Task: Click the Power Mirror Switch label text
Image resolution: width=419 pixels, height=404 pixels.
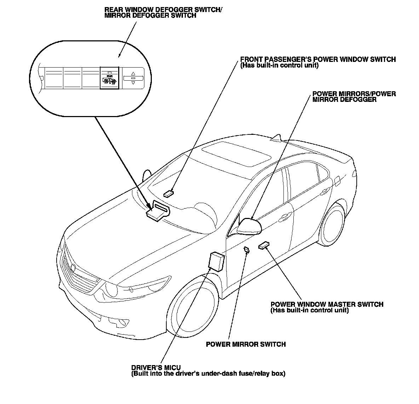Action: click(x=246, y=344)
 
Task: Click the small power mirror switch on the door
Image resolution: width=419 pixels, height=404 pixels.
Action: click(x=246, y=250)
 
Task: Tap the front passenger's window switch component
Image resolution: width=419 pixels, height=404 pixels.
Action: click(x=169, y=194)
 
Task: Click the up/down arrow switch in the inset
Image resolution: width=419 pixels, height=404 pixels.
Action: click(x=133, y=78)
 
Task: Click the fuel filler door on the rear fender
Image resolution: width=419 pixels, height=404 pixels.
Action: click(x=337, y=181)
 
